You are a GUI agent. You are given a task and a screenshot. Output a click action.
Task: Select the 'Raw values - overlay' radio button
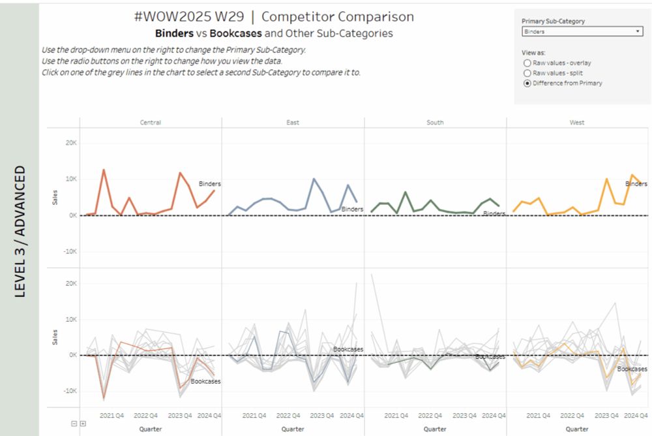(527, 63)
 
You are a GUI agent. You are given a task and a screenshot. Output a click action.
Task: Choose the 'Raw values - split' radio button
(527, 73)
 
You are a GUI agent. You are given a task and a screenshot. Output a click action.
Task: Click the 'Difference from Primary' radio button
(527, 84)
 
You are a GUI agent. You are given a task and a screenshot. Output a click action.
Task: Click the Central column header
(150, 122)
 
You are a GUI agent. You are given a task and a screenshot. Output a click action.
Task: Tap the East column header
(293, 122)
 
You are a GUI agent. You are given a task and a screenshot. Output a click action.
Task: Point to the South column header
(435, 122)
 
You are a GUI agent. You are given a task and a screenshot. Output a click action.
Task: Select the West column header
(577, 122)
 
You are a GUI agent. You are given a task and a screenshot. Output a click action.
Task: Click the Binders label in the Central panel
(210, 184)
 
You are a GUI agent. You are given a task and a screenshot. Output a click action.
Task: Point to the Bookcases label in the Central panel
(205, 381)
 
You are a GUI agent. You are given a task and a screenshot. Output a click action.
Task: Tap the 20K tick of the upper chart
(70, 142)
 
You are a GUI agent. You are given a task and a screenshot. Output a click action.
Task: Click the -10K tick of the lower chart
(68, 391)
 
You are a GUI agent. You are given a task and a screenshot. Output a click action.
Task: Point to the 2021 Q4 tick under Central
(111, 415)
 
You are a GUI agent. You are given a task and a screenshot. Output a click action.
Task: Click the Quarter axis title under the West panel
(577, 429)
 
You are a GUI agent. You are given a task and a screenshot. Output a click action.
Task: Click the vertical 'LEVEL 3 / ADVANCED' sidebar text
(20, 232)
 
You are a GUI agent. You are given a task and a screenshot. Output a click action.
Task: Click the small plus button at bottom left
(83, 424)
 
